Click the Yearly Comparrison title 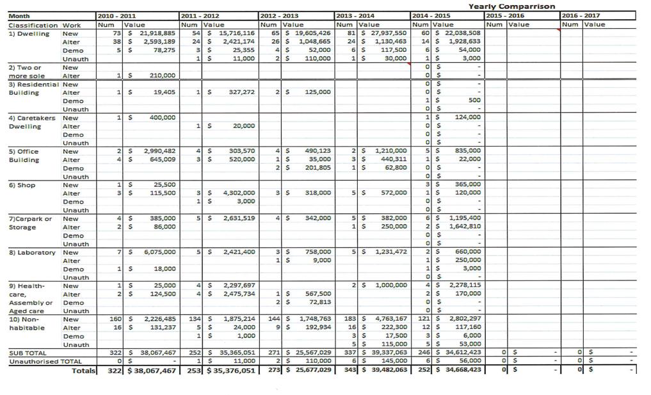tap(511, 6)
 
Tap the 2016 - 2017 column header tap(579, 15)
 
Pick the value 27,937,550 tap(389, 33)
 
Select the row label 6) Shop tap(22, 185)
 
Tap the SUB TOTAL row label tap(27, 353)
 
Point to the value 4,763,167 tap(390, 319)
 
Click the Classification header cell tap(33, 24)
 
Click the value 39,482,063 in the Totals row tap(387, 370)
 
